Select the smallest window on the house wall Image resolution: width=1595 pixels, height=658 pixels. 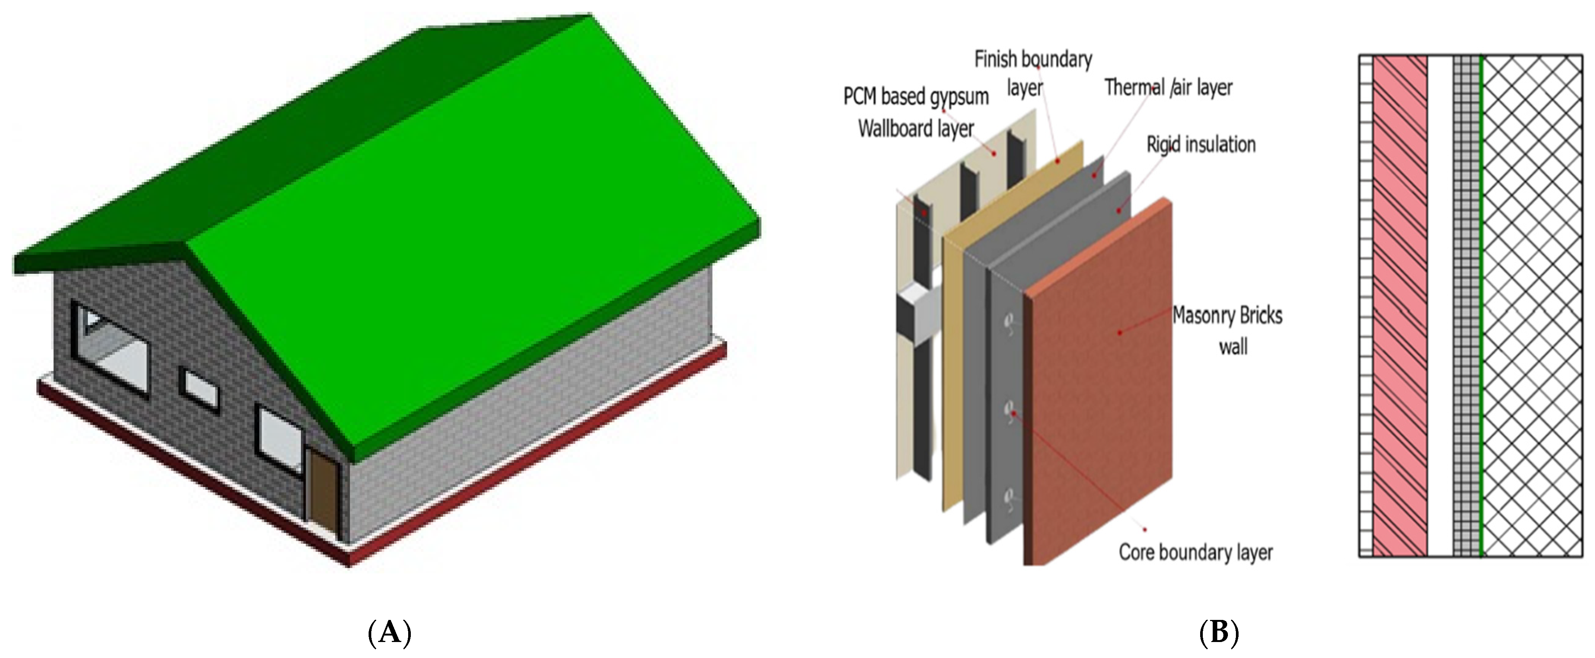point(199,389)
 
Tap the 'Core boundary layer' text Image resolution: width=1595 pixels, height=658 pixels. point(1195,552)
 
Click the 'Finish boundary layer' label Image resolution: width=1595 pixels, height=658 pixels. point(1033,73)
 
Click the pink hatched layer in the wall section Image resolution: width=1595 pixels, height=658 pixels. point(1399,310)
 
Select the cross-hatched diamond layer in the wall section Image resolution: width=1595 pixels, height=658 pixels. point(1536,310)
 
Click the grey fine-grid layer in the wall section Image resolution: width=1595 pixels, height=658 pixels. point(1466,310)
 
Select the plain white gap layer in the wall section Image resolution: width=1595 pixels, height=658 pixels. point(1439,310)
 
